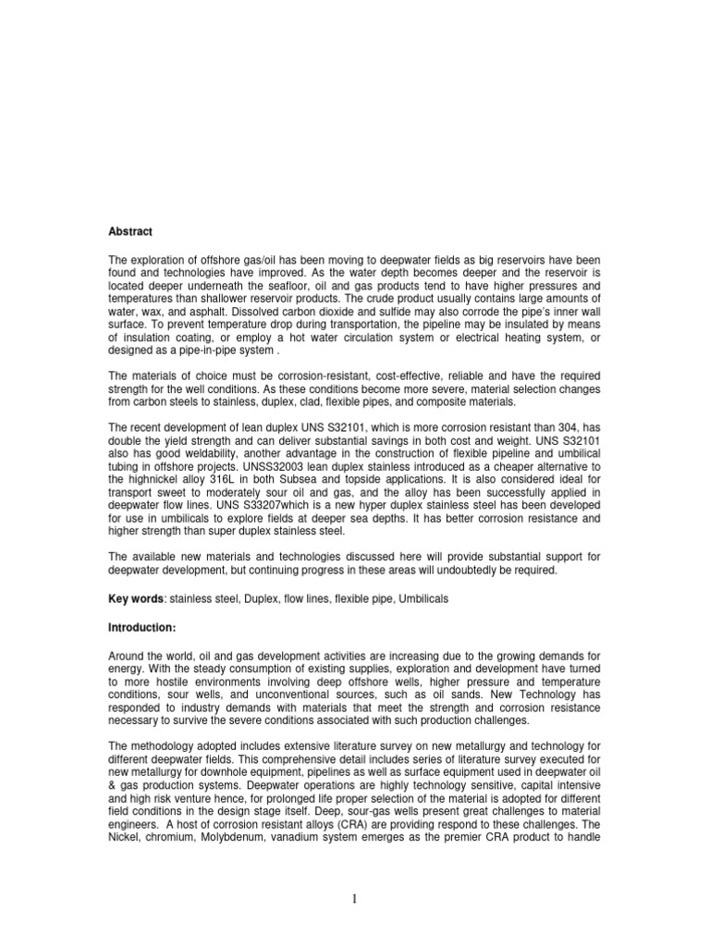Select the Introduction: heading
coord(143,628)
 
